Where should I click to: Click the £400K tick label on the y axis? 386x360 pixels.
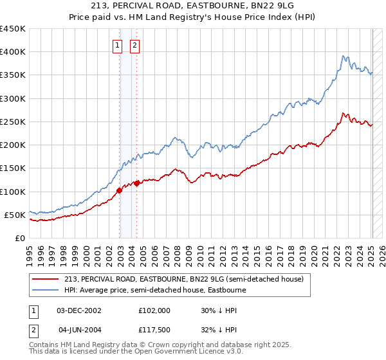[x=12, y=52]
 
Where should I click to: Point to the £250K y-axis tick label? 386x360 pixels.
[x=12, y=122]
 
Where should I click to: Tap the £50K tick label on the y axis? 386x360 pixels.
[x=15, y=215]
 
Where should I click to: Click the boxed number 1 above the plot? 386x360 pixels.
[x=118, y=46]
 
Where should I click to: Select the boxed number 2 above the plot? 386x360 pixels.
[x=135, y=46]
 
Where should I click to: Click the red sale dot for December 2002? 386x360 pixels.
[x=120, y=190]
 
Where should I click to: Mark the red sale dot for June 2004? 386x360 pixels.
[x=136, y=183]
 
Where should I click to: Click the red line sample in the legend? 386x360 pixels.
[x=46, y=279]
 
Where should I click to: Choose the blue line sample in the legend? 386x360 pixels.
[x=46, y=290]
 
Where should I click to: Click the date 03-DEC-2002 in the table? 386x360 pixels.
[x=79, y=310]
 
